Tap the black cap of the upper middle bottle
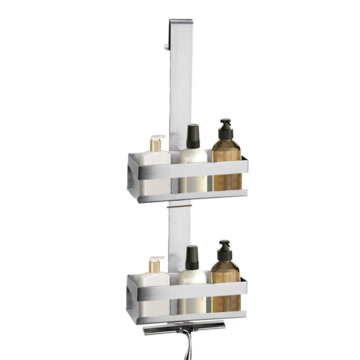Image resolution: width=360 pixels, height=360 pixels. coord(193,136)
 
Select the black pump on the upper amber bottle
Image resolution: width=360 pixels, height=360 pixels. coord(225,130)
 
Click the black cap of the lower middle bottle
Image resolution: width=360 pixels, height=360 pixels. coord(192,258)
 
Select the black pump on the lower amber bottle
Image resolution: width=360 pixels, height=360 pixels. coord(225,251)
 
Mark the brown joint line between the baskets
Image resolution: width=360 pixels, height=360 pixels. coord(179,206)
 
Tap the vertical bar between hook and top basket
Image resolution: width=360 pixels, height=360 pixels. coord(180,90)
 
